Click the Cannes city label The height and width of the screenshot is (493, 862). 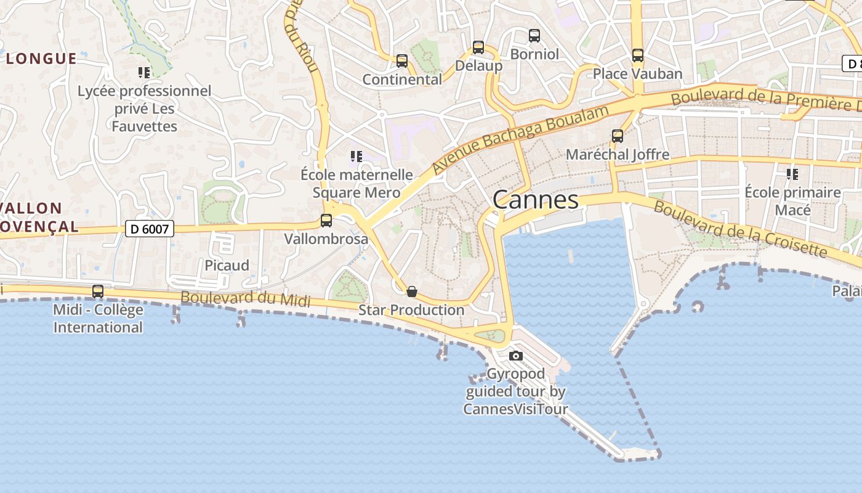pyautogui.click(x=536, y=200)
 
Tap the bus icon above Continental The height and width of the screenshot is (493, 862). pyautogui.click(x=402, y=60)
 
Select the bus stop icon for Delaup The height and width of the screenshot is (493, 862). pyautogui.click(x=478, y=47)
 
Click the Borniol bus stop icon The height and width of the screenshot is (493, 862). pyautogui.click(x=534, y=36)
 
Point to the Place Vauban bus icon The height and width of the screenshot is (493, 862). pyautogui.click(x=638, y=55)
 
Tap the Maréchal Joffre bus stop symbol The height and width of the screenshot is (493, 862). pyautogui.click(x=618, y=136)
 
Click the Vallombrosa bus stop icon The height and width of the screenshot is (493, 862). pyautogui.click(x=326, y=220)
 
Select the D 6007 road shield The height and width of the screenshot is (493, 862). pyautogui.click(x=150, y=229)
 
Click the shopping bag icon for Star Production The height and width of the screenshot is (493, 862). pyautogui.click(x=412, y=291)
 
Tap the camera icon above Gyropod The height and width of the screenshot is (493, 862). pyautogui.click(x=516, y=356)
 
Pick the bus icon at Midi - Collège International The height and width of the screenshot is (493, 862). pyautogui.click(x=98, y=291)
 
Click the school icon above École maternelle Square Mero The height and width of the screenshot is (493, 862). pyautogui.click(x=356, y=157)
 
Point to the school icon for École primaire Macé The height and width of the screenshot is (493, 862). pyautogui.click(x=792, y=174)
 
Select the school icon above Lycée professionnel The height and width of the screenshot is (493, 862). pyautogui.click(x=144, y=73)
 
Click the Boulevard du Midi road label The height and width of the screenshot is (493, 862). pyautogui.click(x=245, y=299)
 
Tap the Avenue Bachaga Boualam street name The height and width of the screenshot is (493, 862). pyautogui.click(x=520, y=139)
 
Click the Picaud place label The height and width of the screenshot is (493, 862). pyautogui.click(x=227, y=266)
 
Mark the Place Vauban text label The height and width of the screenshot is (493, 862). pyautogui.click(x=637, y=74)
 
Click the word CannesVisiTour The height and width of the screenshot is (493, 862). pyautogui.click(x=515, y=409)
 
